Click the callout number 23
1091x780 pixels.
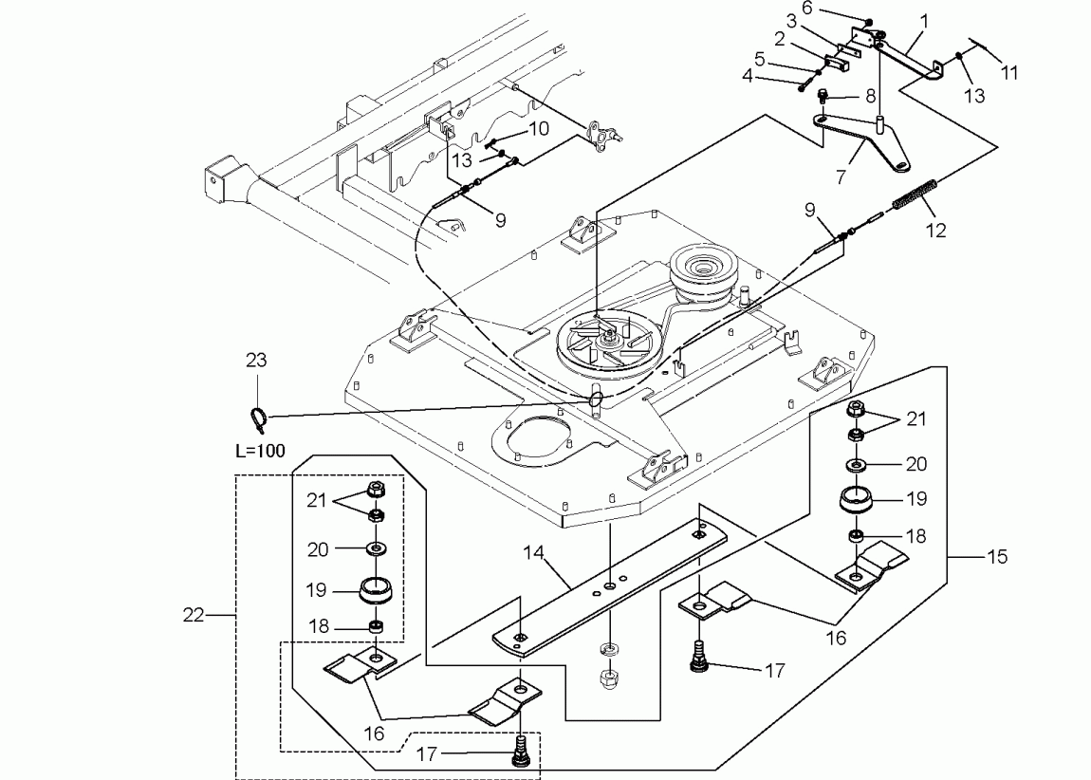(256, 361)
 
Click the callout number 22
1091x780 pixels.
(194, 616)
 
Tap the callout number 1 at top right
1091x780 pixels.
(924, 19)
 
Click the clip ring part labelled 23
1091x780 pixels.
(256, 415)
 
